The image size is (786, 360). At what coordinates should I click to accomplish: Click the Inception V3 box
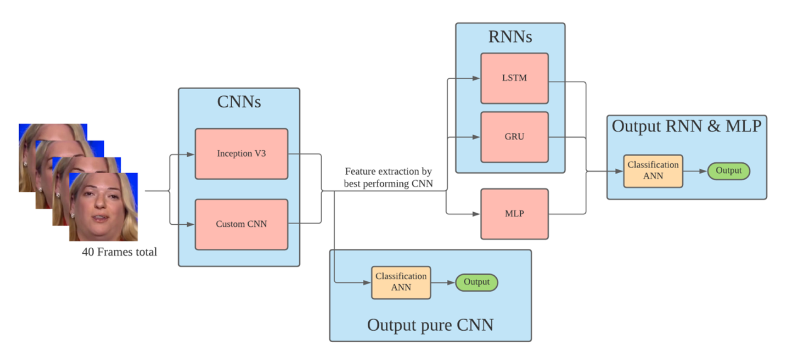click(241, 154)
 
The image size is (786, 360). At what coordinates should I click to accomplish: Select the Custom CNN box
click(241, 224)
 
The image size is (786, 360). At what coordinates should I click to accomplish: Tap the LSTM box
click(514, 78)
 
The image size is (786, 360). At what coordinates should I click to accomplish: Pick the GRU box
click(514, 137)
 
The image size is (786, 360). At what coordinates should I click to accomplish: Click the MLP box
click(514, 214)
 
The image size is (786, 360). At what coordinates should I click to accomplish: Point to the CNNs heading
click(239, 102)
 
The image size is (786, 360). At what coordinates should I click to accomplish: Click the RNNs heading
click(510, 37)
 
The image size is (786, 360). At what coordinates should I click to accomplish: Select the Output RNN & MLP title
click(686, 126)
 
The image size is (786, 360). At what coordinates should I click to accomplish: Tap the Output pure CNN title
click(430, 325)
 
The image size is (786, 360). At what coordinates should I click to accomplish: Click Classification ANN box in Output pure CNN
click(401, 282)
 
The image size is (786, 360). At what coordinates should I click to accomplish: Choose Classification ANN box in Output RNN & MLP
click(653, 171)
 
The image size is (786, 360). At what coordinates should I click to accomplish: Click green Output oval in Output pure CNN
click(476, 282)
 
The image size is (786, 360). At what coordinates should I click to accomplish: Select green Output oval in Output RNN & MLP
click(728, 171)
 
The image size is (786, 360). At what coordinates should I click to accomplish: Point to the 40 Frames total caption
click(119, 252)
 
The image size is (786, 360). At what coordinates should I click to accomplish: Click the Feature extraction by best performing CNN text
click(388, 177)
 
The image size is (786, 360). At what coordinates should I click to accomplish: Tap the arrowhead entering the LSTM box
click(476, 78)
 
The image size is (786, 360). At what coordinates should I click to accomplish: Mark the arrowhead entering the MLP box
click(476, 214)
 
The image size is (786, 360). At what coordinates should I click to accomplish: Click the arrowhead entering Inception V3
click(191, 155)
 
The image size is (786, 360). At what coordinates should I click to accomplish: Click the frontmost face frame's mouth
click(100, 219)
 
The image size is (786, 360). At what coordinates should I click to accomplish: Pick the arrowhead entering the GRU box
click(476, 137)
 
